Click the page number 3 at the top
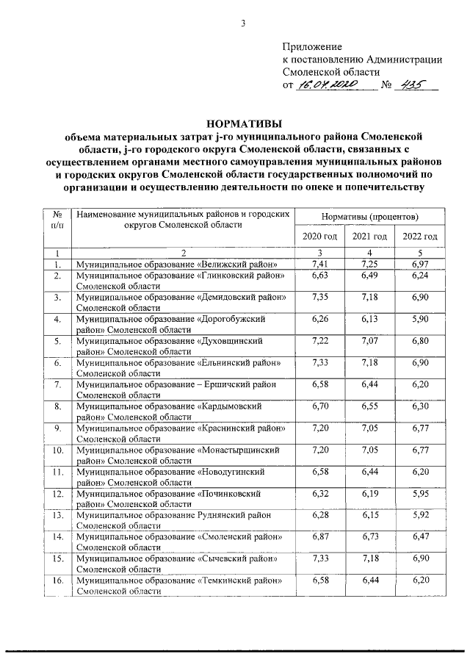pyautogui.click(x=242, y=22)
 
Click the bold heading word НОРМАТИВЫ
pyautogui.click(x=242, y=123)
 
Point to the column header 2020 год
pyautogui.click(x=319, y=236)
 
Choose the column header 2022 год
pyautogui.click(x=420, y=236)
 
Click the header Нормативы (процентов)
pyautogui.click(x=369, y=218)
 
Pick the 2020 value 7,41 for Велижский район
pyautogui.click(x=319, y=263)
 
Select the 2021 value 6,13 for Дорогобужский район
pyautogui.click(x=369, y=320)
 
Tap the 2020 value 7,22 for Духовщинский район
pyautogui.click(x=319, y=342)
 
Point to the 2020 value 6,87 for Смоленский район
pyautogui.click(x=319, y=539)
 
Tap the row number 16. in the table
pyautogui.click(x=57, y=583)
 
